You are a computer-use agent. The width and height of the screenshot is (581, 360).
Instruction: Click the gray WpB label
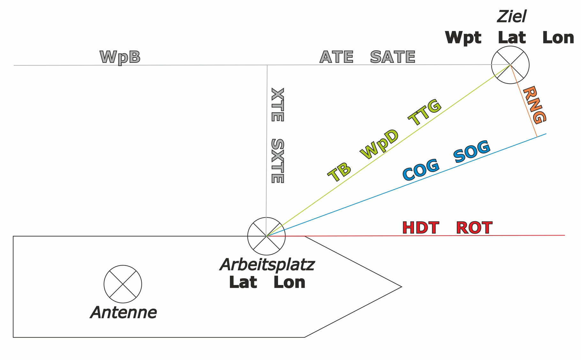tap(120, 57)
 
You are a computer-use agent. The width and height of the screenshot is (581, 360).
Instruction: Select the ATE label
tap(336, 57)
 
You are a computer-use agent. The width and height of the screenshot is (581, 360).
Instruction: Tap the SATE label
tap(393, 57)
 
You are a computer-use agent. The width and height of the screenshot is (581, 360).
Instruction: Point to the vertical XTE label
tap(277, 105)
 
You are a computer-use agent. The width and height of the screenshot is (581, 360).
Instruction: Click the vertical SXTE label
tap(277, 161)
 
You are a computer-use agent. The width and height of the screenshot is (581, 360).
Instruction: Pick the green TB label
tap(339, 172)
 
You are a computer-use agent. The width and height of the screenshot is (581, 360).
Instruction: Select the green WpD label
tap(379, 144)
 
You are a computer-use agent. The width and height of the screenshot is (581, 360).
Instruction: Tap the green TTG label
tap(425, 112)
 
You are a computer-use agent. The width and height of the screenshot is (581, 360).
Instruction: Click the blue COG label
tap(421, 170)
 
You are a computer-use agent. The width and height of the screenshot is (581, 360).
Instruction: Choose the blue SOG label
tap(472, 151)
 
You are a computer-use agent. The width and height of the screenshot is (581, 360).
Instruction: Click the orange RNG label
tap(535, 105)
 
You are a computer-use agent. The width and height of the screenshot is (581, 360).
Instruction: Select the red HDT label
tap(421, 228)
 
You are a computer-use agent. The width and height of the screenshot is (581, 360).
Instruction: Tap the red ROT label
tap(474, 228)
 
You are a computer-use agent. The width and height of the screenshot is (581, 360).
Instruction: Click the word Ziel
tap(512, 17)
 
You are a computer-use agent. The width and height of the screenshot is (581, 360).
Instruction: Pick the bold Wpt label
tap(463, 38)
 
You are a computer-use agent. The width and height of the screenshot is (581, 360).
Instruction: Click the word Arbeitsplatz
tap(267, 265)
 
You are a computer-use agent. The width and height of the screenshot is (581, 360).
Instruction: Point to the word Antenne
tap(124, 312)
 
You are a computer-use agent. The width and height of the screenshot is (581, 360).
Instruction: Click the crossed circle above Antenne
tap(123, 284)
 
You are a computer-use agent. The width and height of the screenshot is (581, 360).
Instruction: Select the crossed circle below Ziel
tap(510, 65)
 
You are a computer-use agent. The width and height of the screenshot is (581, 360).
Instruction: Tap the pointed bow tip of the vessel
tap(401, 287)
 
